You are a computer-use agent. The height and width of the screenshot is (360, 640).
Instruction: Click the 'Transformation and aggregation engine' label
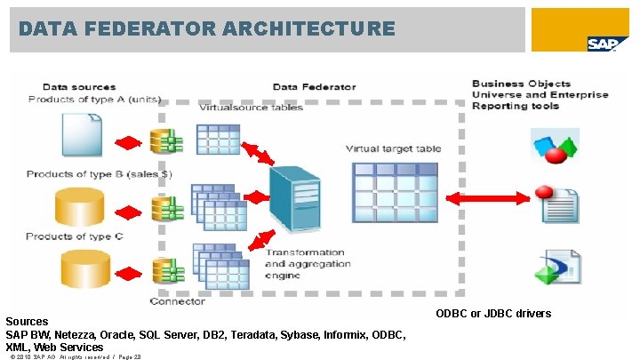[x=306, y=264]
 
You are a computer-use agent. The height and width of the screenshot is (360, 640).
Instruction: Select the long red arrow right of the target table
[x=491, y=197]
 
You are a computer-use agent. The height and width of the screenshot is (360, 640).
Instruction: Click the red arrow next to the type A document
[x=129, y=142]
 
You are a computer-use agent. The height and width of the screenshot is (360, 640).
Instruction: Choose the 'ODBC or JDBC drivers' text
[x=493, y=313]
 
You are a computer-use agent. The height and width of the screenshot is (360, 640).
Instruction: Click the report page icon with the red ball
[x=556, y=205]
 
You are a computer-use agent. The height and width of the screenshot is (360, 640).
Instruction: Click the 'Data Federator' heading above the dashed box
[x=314, y=87]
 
